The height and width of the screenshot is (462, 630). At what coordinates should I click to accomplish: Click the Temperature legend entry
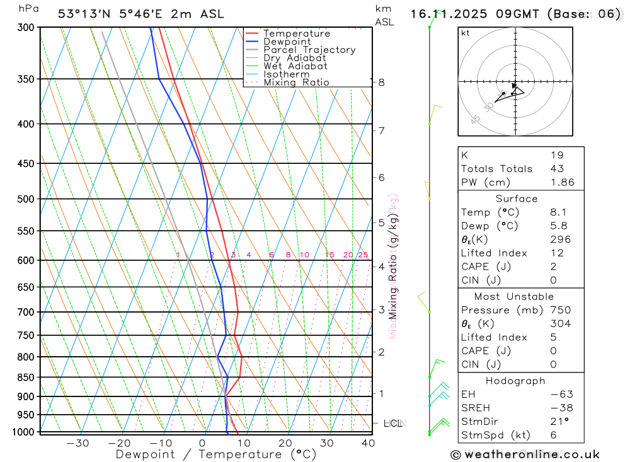coord(296,33)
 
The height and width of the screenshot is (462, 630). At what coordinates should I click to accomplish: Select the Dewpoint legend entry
coord(287,42)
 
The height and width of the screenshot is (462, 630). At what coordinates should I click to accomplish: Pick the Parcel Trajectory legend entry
coord(309,50)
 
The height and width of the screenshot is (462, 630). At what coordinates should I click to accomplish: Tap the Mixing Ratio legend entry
coord(296,82)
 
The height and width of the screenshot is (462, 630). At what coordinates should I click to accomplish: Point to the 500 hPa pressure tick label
coord(26,199)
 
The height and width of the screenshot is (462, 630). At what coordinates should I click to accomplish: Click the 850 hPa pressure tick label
coord(26,378)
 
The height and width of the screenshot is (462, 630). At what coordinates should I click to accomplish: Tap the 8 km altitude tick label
coord(381,83)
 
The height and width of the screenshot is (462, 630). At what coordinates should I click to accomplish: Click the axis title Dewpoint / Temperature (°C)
coord(216,454)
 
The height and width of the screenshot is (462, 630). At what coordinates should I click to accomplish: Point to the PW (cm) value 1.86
coord(562,182)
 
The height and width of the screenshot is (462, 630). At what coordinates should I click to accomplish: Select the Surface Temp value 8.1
coord(558,212)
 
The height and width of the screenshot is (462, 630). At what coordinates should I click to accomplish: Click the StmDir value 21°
coord(559,422)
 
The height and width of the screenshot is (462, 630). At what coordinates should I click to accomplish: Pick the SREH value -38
coord(561,408)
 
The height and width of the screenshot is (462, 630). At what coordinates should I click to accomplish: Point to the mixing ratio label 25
coord(363,255)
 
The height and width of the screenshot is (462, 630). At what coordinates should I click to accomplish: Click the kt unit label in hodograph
coord(466,33)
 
